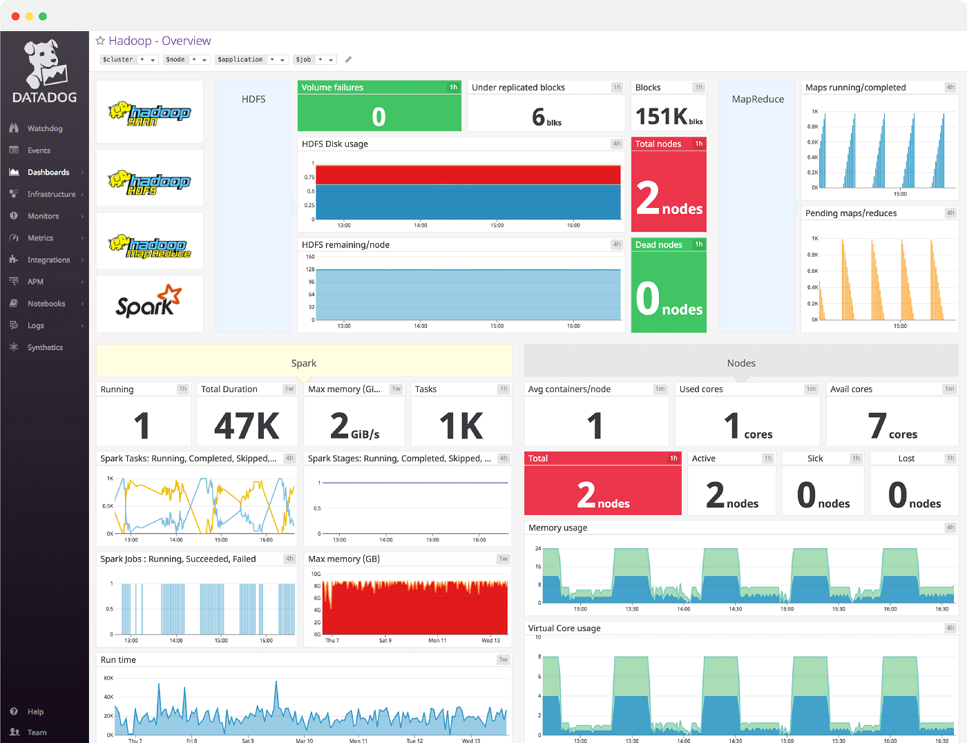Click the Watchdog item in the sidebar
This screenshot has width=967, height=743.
pyautogui.click(x=44, y=128)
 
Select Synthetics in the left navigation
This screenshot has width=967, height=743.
pyautogui.click(x=45, y=347)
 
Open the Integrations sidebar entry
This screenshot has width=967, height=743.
pyautogui.click(x=48, y=260)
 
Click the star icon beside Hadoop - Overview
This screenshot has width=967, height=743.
pyautogui.click(x=100, y=41)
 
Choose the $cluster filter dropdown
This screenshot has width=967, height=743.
pyautogui.click(x=128, y=60)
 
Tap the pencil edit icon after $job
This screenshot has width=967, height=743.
pyautogui.click(x=348, y=60)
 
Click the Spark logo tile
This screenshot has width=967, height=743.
pyautogui.click(x=149, y=303)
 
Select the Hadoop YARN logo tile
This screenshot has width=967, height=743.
pyautogui.click(x=149, y=112)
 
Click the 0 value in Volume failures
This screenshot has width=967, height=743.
pyautogui.click(x=379, y=117)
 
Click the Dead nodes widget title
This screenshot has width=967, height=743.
pyautogui.click(x=658, y=244)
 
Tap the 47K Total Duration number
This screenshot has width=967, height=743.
pyautogui.click(x=247, y=426)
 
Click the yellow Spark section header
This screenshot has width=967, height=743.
pyautogui.click(x=304, y=363)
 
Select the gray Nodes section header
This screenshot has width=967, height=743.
pyautogui.click(x=740, y=363)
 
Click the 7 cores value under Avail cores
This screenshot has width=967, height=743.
pyautogui.click(x=892, y=426)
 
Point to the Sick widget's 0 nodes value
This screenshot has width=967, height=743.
pyautogui.click(x=823, y=496)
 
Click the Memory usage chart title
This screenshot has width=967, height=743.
pyautogui.click(x=557, y=528)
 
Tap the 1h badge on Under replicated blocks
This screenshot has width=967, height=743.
pyautogui.click(x=617, y=88)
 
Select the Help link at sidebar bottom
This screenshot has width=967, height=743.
pyautogui.click(x=35, y=712)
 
